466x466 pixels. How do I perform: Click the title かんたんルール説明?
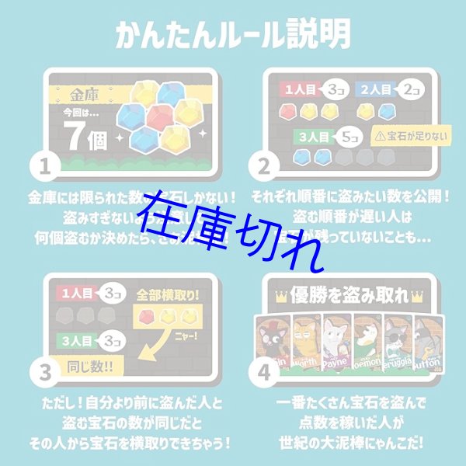(x=233, y=36)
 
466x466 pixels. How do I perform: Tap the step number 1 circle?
(x=46, y=165)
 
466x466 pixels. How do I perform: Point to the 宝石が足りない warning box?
(x=400, y=134)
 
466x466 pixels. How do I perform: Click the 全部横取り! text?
(x=165, y=297)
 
